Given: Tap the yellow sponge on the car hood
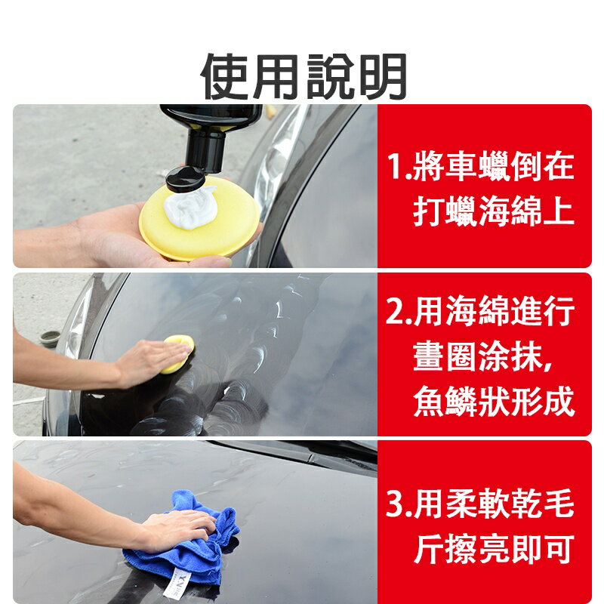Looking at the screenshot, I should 180,352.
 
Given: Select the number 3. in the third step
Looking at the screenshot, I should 399,507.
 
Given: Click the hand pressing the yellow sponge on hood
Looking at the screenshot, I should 147,360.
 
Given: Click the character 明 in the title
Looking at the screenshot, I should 382,77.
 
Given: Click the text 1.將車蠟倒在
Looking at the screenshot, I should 480,168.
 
